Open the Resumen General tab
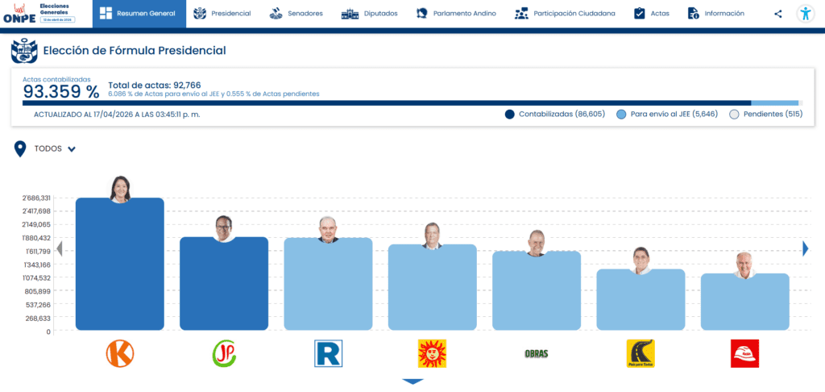139,14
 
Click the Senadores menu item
296,14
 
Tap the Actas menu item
651,14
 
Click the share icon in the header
777,14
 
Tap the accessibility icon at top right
805,14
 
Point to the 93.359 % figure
60,92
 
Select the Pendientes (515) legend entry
765,115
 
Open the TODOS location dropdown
55,149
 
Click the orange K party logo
120,353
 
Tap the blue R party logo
329,353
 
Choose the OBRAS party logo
536,353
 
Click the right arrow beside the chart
805,249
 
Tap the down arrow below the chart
412,382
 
